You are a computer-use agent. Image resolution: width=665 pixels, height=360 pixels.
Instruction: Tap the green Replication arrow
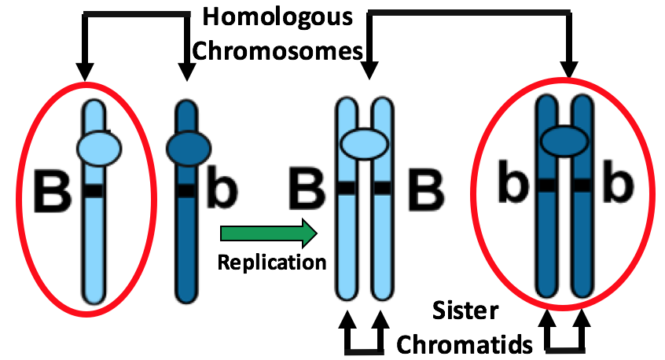coord(268,233)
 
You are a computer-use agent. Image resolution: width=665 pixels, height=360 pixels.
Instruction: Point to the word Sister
coord(465,311)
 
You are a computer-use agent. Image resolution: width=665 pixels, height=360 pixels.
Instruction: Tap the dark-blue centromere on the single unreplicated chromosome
coord(187,145)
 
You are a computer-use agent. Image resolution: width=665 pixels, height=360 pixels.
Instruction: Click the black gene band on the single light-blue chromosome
coord(94,191)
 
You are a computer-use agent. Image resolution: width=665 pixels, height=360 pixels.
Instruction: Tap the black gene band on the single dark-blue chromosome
coord(186,190)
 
